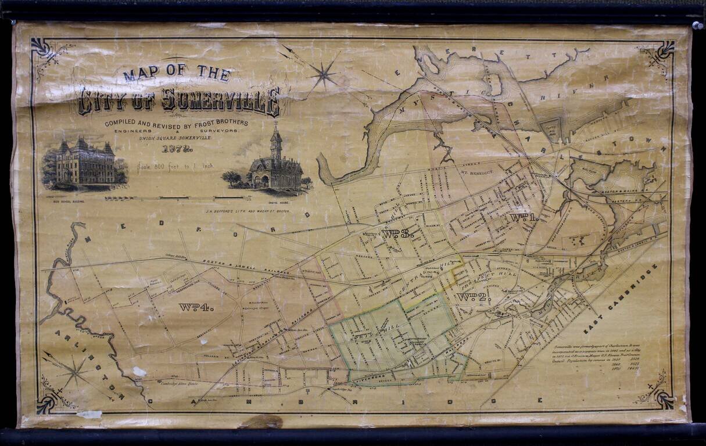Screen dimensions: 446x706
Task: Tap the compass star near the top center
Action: (324, 73)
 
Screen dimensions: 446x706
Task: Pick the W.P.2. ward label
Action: (474, 297)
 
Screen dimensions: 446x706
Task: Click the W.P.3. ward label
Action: (397, 233)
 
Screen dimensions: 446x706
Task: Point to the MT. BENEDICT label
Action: (476, 173)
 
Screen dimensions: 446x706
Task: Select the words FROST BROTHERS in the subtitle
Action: (219, 123)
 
